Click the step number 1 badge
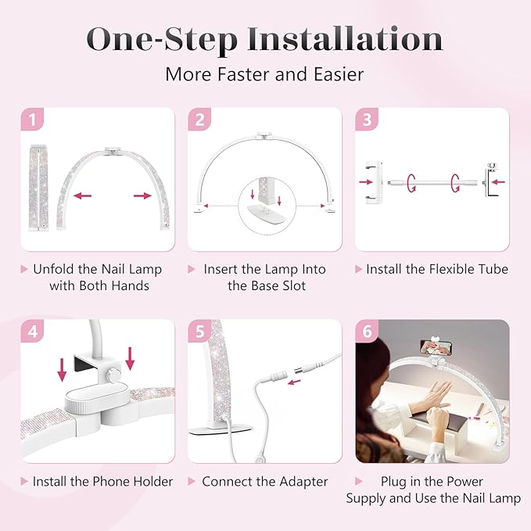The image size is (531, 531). point(32,120)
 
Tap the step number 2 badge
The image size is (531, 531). point(200,120)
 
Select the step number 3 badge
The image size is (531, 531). point(368,120)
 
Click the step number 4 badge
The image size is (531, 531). point(32,332)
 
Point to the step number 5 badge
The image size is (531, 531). point(200,332)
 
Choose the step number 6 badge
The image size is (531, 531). point(368,332)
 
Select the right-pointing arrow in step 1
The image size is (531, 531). point(142,196)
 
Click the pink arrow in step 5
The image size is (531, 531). point(295,381)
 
